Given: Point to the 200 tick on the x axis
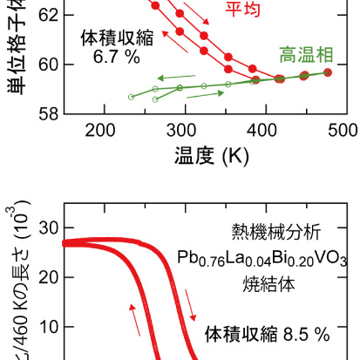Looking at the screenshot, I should point(102,131).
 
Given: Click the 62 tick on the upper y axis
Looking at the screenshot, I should point(47,15).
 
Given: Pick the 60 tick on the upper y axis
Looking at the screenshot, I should point(47,65).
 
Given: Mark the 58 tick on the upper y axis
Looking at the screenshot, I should point(47,114).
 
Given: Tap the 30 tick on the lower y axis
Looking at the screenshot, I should point(47,228).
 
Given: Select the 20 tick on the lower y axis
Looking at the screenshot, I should point(47,277).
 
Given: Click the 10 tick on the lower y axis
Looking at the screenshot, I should point(47,327).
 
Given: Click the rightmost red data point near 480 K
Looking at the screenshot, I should point(328,72).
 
